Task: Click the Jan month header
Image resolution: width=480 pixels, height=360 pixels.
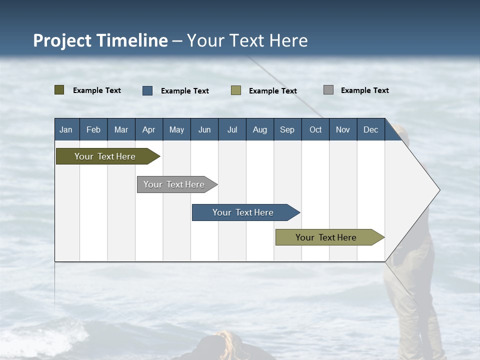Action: [66, 129]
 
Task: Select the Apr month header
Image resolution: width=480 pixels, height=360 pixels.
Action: [149, 129]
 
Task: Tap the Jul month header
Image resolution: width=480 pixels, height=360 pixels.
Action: [232, 129]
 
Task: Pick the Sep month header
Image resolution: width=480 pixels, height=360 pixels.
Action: [287, 129]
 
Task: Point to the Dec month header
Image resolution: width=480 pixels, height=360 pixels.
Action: [370, 129]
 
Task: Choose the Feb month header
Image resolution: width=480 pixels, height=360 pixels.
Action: [93, 129]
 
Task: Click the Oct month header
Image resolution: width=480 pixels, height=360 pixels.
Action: [315, 129]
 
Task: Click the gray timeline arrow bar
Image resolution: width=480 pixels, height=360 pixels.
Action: [175, 184]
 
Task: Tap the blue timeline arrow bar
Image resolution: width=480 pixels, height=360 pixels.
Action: [244, 212]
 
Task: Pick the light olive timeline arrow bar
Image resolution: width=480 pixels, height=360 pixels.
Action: [327, 237]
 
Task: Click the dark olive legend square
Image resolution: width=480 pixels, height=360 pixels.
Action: [59, 90]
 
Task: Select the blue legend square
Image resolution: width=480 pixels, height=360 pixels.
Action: [147, 90]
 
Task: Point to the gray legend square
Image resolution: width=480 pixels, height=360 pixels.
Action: [328, 90]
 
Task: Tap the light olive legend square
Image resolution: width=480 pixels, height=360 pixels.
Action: [236, 90]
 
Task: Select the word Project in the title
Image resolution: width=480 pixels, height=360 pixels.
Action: [62, 40]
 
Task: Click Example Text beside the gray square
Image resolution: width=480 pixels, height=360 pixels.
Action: [364, 90]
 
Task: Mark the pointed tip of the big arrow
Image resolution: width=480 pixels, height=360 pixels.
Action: [439, 190]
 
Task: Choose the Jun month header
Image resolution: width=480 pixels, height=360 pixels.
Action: [204, 129]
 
